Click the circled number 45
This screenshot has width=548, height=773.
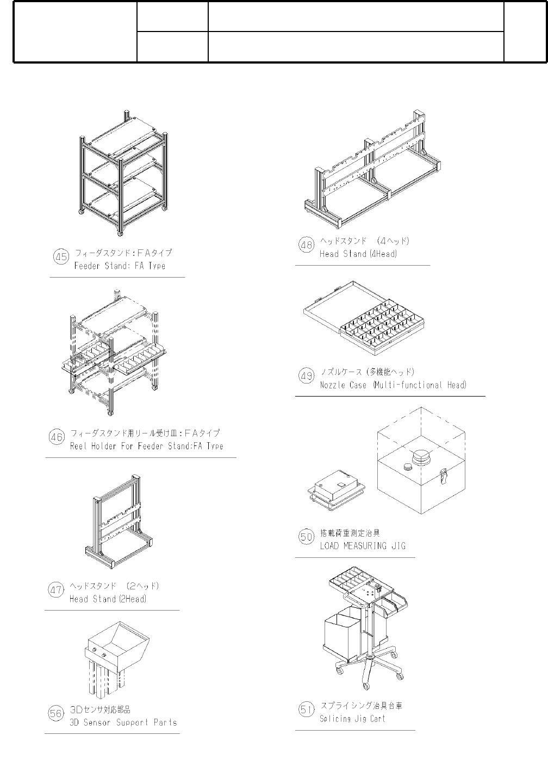coord(61,256)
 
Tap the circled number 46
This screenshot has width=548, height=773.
coord(57,437)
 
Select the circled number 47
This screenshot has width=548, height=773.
coord(57,590)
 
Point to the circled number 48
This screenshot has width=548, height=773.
coord(307,245)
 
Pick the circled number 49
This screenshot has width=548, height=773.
coord(307,376)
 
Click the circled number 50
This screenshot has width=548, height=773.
coord(307,537)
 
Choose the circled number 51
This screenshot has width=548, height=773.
coord(307,709)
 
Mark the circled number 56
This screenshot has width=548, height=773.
coord(57,714)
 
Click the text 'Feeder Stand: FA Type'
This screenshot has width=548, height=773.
coord(120,266)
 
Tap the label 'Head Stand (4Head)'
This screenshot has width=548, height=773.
coord(358,254)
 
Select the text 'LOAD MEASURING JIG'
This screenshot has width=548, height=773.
coord(362,546)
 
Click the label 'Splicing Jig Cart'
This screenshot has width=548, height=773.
coord(352,719)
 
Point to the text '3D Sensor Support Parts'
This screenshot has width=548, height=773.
coord(123,722)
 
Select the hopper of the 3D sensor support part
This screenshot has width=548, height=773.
coord(116,646)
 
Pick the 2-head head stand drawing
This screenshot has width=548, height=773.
coord(119,522)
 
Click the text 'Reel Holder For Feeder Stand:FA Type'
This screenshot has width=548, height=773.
coord(146,446)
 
